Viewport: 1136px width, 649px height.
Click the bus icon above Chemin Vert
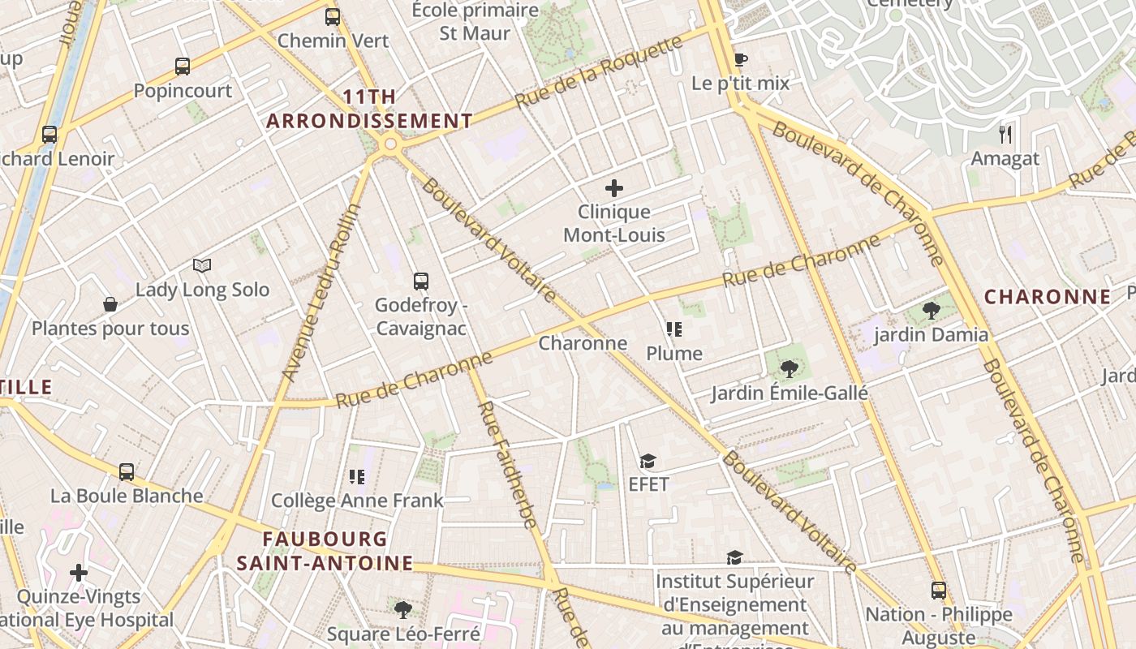333,16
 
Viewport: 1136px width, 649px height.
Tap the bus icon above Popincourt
183,67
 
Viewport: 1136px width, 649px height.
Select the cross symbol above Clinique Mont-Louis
614,188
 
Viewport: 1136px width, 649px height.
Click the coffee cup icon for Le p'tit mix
740,59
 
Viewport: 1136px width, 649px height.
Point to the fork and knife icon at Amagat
1005,134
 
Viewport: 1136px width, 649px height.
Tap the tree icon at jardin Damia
932,310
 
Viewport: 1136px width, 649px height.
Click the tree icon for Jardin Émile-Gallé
789,369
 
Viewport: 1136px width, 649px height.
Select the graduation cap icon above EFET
648,461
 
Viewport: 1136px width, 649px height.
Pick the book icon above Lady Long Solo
202,265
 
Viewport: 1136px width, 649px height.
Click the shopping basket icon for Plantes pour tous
110,304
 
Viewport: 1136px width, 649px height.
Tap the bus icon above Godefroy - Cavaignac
420,282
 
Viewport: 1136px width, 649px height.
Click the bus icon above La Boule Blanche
127,471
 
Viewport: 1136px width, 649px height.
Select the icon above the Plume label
673,329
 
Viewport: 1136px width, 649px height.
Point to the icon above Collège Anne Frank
357,476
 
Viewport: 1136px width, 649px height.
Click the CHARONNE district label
1048,297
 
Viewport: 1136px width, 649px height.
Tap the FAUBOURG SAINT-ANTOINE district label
325,551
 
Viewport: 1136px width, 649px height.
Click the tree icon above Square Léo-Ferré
402,609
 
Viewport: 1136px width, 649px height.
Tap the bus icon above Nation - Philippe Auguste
939,590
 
